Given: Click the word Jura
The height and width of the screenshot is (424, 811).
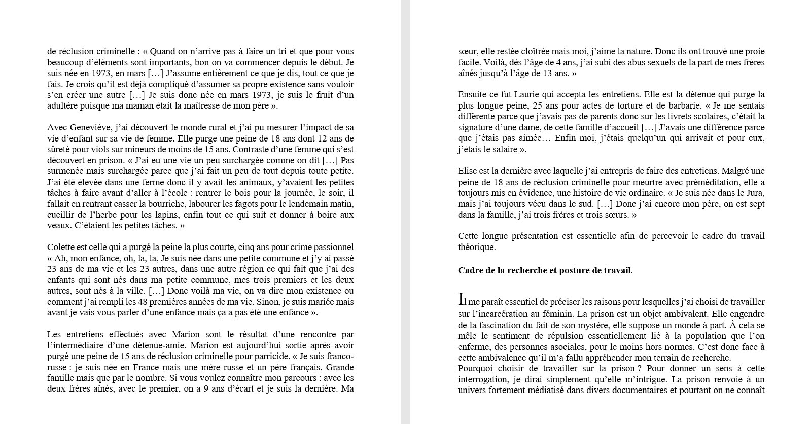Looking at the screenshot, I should pos(755,193).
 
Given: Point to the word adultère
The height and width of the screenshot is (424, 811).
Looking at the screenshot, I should pos(63,106).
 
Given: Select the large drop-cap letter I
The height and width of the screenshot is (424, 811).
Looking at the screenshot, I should pos(461,299).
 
